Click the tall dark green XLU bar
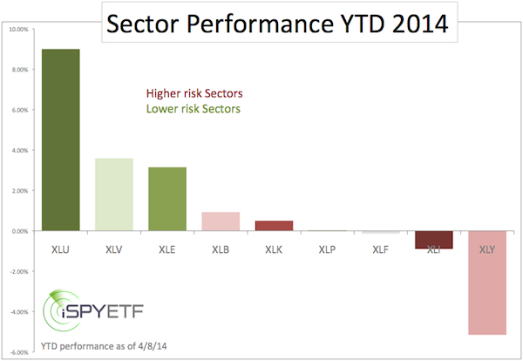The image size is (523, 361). [x=61, y=140]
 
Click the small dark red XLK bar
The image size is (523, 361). [x=274, y=226]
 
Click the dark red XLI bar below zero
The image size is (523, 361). [x=434, y=240]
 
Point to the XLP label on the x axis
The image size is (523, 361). [x=327, y=249]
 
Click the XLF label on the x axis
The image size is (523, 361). [x=380, y=249]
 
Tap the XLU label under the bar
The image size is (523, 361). [x=61, y=249]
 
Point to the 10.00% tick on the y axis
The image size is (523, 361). [x=18, y=29]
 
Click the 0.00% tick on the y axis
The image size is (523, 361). [x=20, y=231]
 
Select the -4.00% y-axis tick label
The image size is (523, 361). [x=18, y=311]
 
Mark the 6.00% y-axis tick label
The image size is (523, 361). [x=20, y=110]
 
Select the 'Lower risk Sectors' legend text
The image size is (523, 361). [x=192, y=109]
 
